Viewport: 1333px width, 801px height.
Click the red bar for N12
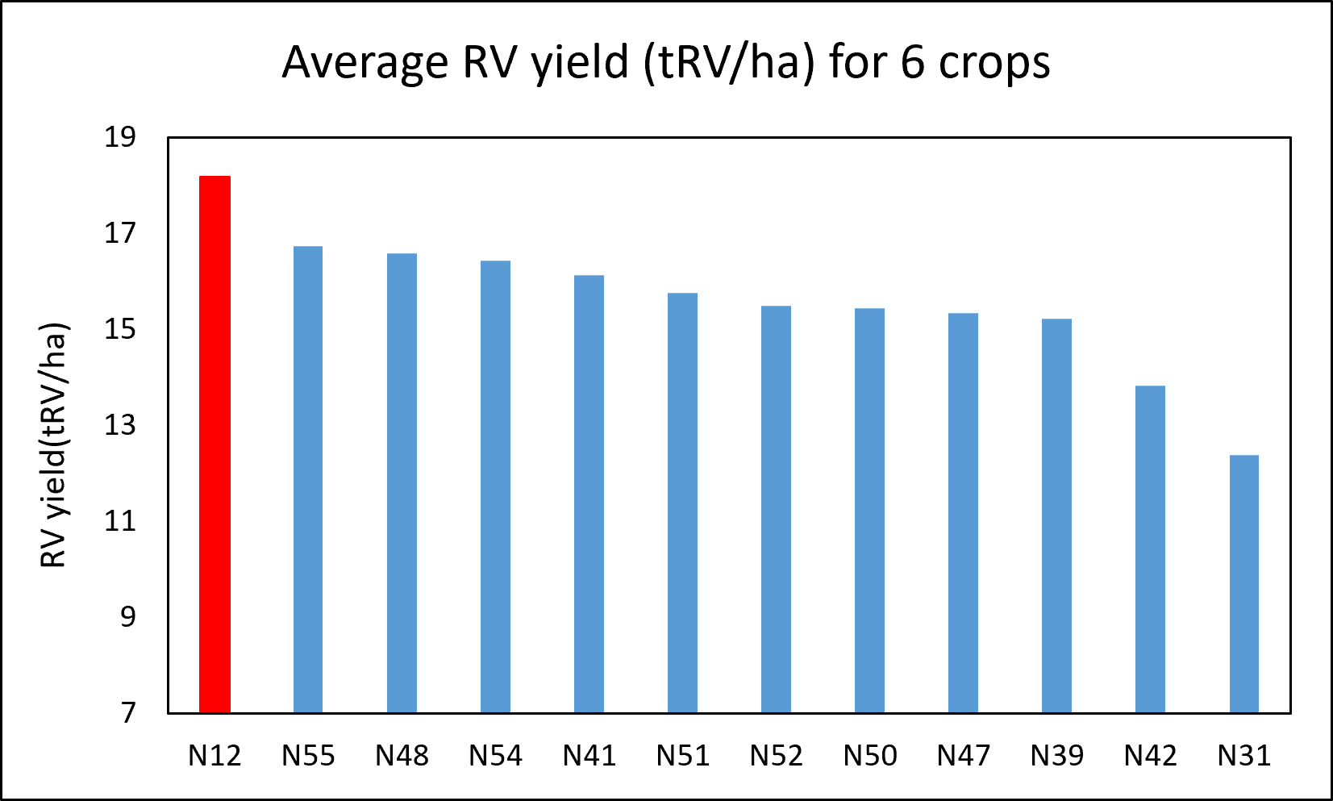215,444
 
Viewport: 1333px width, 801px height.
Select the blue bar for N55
308,480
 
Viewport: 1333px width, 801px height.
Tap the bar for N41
589,494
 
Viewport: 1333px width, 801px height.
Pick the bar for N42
1150,549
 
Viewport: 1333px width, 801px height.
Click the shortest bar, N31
1244,584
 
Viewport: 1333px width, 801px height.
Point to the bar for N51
682,503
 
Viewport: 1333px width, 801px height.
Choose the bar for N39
1057,516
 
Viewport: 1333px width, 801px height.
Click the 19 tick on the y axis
120,137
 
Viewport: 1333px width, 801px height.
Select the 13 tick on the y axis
120,425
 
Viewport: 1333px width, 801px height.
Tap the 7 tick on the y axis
128,713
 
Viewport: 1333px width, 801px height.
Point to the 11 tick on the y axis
120,521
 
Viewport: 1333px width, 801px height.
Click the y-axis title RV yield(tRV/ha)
53,445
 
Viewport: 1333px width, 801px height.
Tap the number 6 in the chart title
912,62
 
